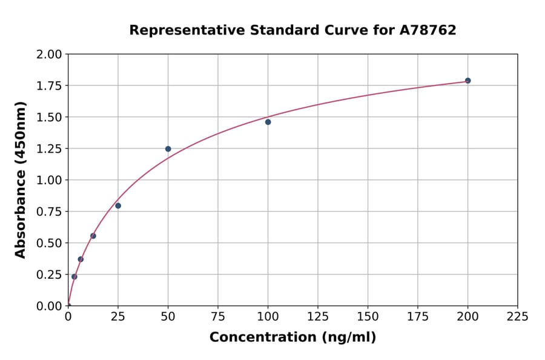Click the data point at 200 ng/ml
(467, 81)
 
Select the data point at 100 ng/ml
(268, 122)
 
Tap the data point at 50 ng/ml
(168, 148)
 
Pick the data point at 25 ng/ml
(118, 205)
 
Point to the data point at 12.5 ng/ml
(93, 236)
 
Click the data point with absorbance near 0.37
(81, 259)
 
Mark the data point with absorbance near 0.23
(74, 277)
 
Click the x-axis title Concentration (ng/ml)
(292, 338)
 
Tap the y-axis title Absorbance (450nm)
(21, 180)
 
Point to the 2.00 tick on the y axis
(49, 55)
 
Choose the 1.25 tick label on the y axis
(49, 148)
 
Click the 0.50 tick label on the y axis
(49, 243)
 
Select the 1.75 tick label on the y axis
(49, 85)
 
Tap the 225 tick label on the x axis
(517, 317)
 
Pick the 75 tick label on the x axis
(218, 317)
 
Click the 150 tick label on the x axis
(368, 317)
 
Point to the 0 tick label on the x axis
(68, 317)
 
